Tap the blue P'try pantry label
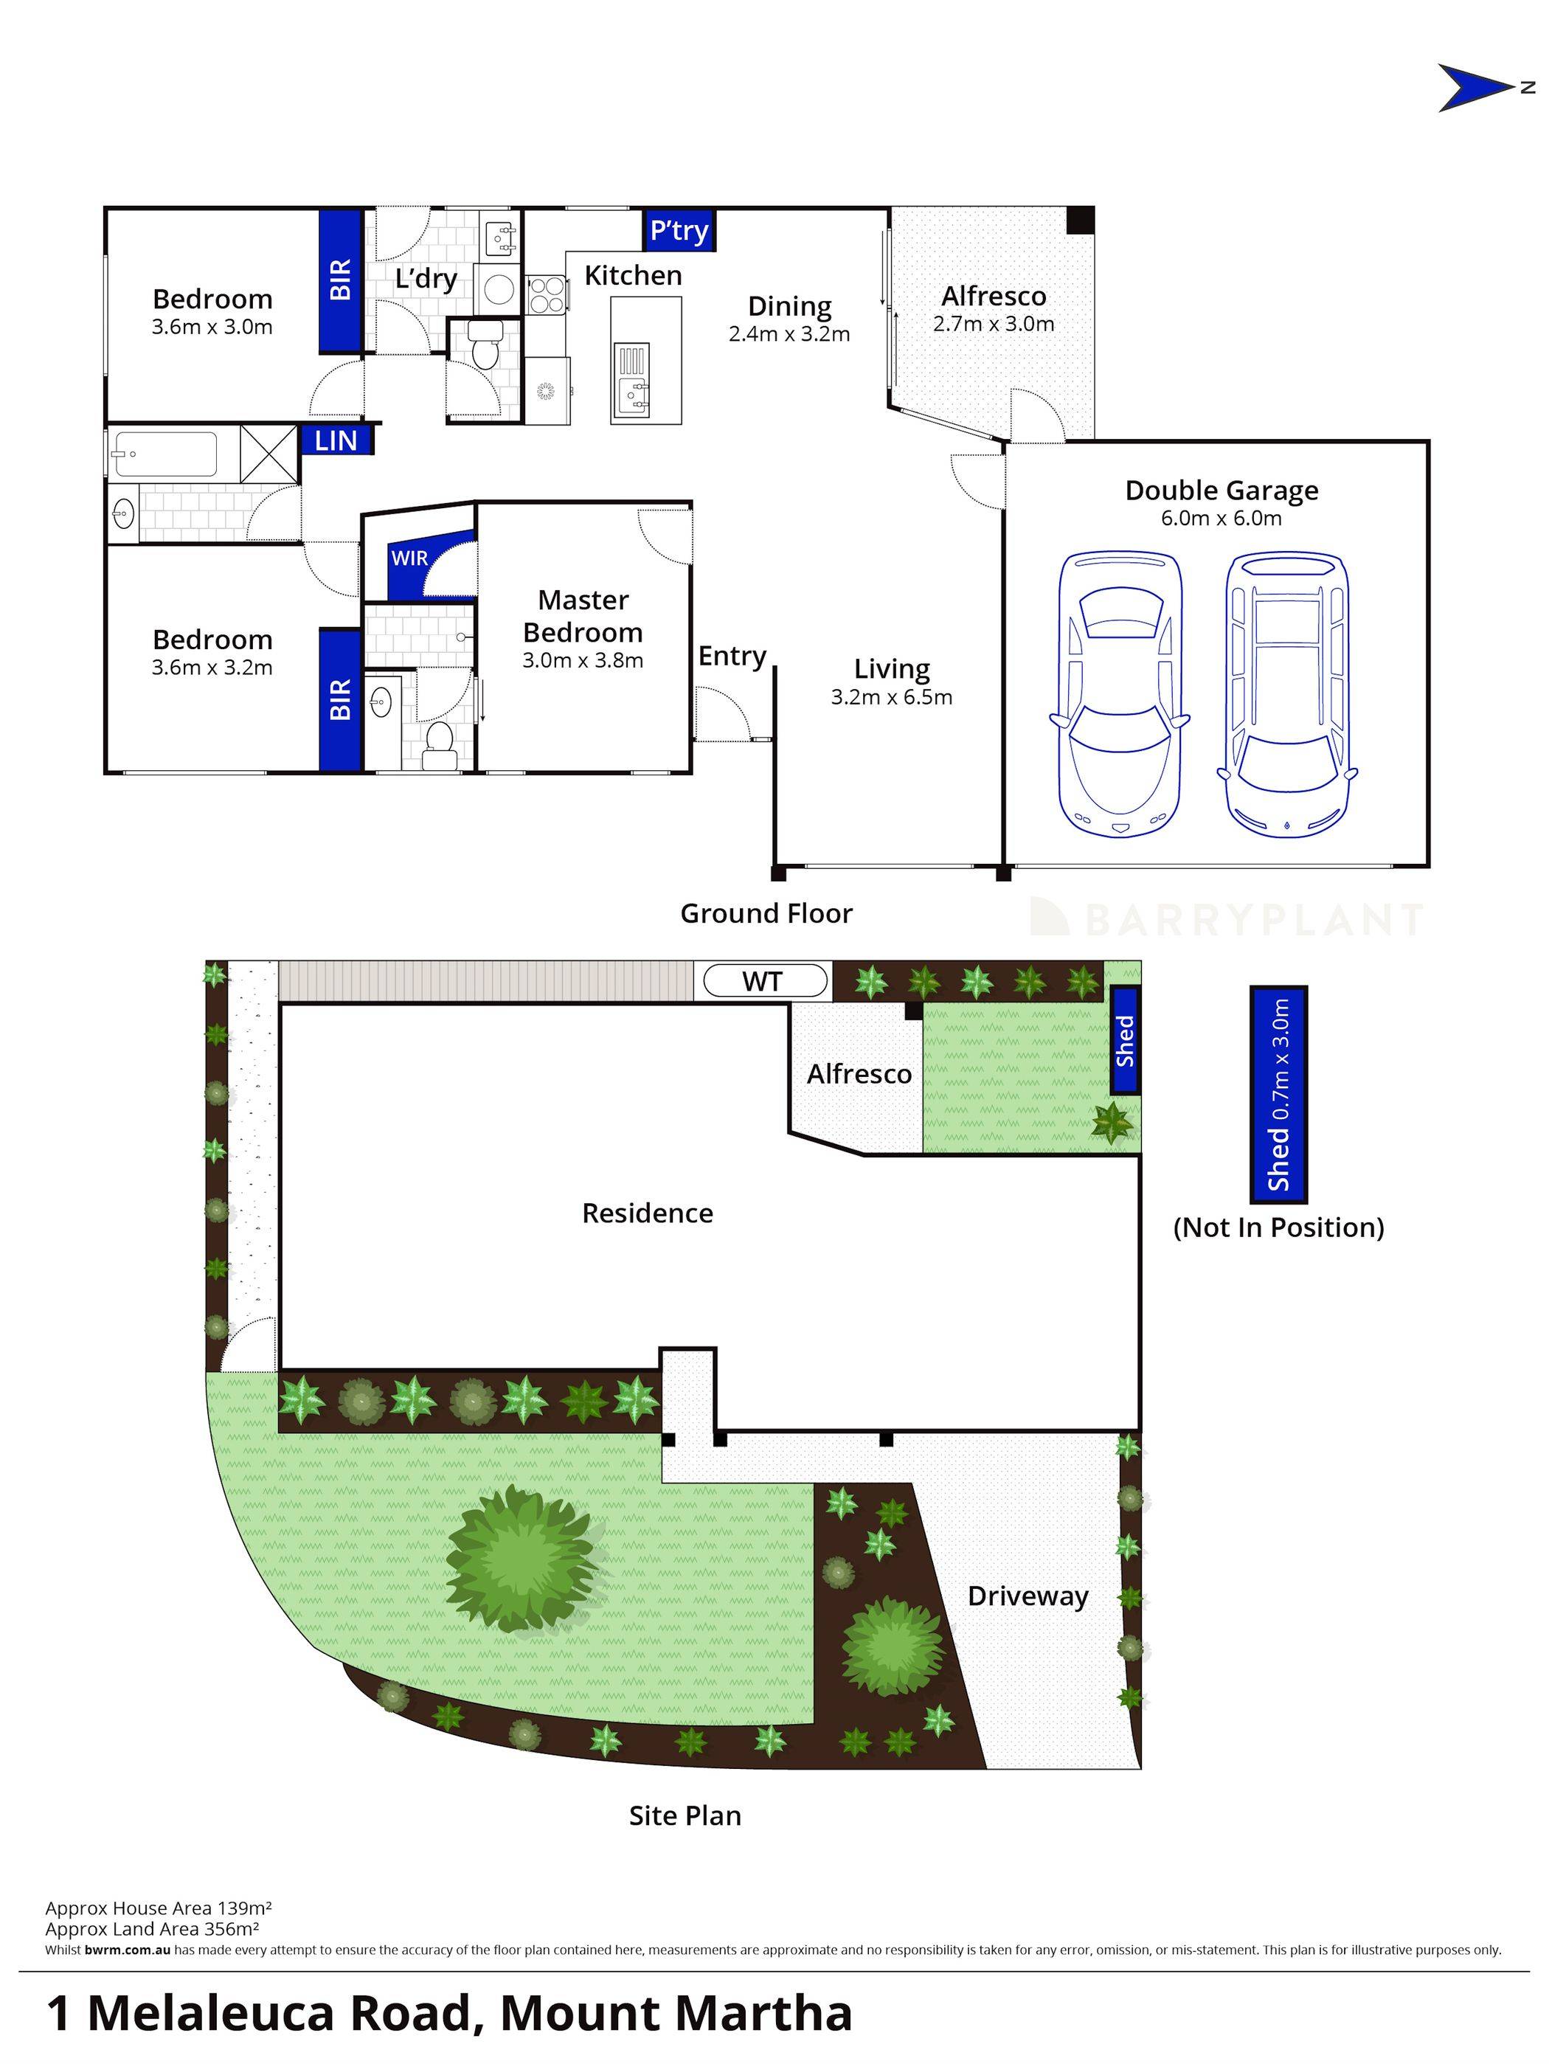pos(679,230)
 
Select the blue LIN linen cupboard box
pos(336,440)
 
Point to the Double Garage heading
pos(1221,491)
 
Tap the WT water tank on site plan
pos(764,982)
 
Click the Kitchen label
pos(633,276)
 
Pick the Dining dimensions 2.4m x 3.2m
pos(789,334)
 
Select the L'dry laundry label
pos(426,279)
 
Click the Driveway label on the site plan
pos(1028,1596)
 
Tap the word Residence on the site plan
pos(647,1213)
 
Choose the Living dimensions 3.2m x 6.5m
pos(891,697)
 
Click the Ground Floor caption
pos(766,913)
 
